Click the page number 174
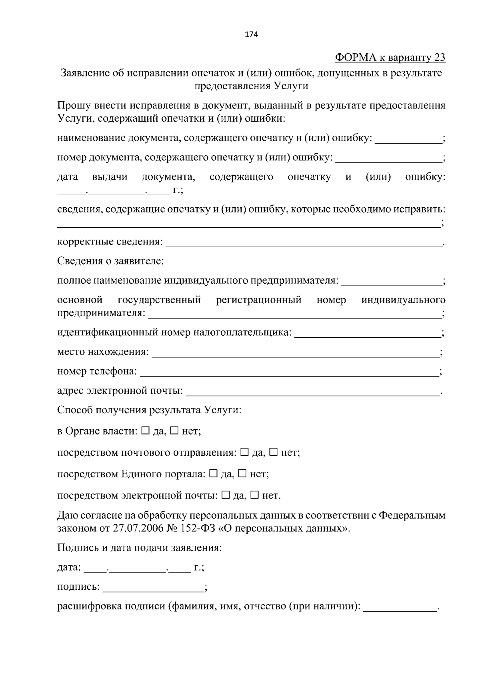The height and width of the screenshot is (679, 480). (x=251, y=34)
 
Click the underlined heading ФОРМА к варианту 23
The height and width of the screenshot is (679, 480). (x=390, y=58)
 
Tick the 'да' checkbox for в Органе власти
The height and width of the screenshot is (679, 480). (x=146, y=431)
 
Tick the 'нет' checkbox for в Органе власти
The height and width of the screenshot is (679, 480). (x=174, y=431)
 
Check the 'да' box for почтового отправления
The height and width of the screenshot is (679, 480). (x=244, y=452)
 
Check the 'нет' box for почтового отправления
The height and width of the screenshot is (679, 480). (x=274, y=452)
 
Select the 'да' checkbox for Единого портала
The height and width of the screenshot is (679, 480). (x=213, y=474)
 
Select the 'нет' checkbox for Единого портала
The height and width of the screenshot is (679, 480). (x=242, y=474)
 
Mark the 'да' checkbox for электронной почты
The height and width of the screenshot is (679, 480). (x=225, y=495)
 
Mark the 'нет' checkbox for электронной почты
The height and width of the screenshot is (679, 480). (x=254, y=495)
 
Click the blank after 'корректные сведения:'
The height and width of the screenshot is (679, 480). (x=304, y=243)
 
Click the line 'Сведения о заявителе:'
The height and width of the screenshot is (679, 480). (x=110, y=262)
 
